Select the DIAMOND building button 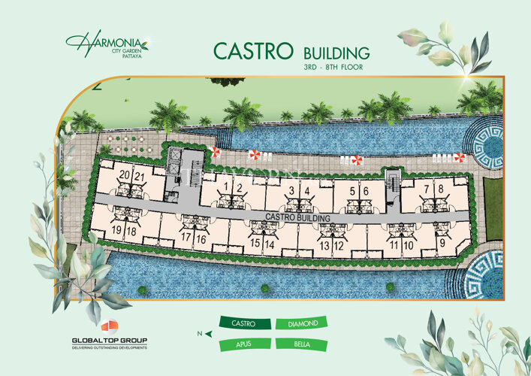[303, 324]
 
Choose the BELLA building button [303, 345]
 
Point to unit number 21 [139, 177]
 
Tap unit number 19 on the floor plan [117, 232]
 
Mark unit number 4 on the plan [308, 191]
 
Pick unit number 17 [186, 238]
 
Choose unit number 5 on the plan [352, 192]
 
